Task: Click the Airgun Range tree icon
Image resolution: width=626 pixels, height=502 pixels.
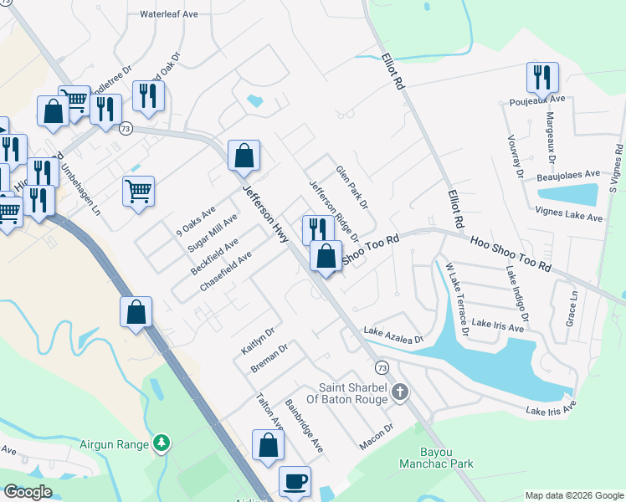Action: click(x=162, y=443)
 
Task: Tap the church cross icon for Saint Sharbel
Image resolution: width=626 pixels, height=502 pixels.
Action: click(x=400, y=392)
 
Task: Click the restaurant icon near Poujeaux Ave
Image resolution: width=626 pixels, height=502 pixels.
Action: click(x=542, y=78)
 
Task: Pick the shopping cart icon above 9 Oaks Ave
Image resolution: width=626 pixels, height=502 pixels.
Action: click(x=138, y=189)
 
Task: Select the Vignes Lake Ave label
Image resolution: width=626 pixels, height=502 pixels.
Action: click(x=569, y=217)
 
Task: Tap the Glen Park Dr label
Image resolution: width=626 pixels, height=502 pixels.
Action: click(x=352, y=187)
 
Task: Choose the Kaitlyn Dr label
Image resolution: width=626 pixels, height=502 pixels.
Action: click(x=258, y=340)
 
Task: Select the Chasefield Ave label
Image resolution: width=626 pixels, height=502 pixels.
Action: click(x=226, y=273)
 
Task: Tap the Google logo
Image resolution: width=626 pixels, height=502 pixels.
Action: click(x=28, y=492)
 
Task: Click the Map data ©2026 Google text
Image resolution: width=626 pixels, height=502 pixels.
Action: click(x=573, y=495)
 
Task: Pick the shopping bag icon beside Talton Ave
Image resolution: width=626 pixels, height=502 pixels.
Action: click(x=267, y=445)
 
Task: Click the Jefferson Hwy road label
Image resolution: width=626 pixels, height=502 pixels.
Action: click(x=266, y=214)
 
